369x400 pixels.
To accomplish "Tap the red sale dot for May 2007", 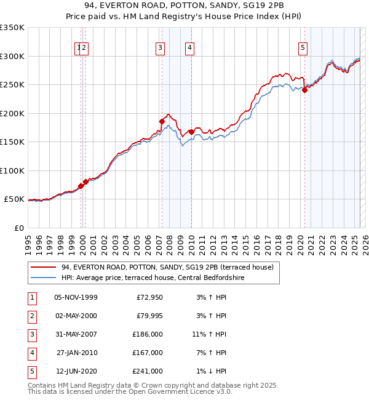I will pyautogui.click(x=162, y=121).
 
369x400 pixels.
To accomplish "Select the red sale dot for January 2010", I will pyautogui.click(x=191, y=132).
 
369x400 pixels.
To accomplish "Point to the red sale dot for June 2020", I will pyautogui.click(x=304, y=90).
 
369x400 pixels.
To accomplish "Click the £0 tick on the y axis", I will pyautogui.click(x=20, y=228).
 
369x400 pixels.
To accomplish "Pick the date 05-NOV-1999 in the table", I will pyautogui.click(x=76, y=297).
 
